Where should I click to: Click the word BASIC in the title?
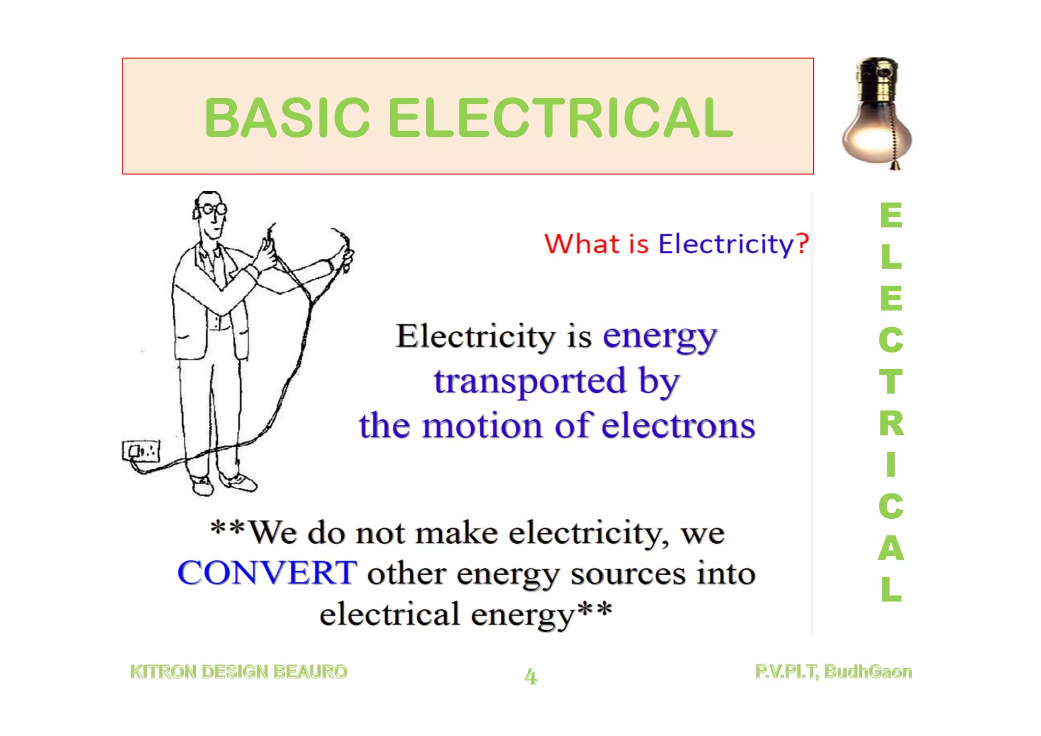[x=287, y=118]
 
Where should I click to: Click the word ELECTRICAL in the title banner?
[x=561, y=118]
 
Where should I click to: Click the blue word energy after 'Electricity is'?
[x=660, y=337]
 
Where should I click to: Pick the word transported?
[x=529, y=381]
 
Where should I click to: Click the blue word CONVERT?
[x=267, y=573]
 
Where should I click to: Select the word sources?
[x=628, y=574]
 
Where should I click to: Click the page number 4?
[x=530, y=676]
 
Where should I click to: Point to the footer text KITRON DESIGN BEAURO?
[x=239, y=672]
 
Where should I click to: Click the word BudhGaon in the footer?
[x=868, y=672]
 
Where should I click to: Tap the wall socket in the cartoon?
[x=141, y=451]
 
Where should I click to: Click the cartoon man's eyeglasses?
[x=213, y=209]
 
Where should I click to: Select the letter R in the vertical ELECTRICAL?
[x=891, y=423]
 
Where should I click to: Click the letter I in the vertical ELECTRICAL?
[x=891, y=464]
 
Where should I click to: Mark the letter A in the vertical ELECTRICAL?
[x=891, y=548]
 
